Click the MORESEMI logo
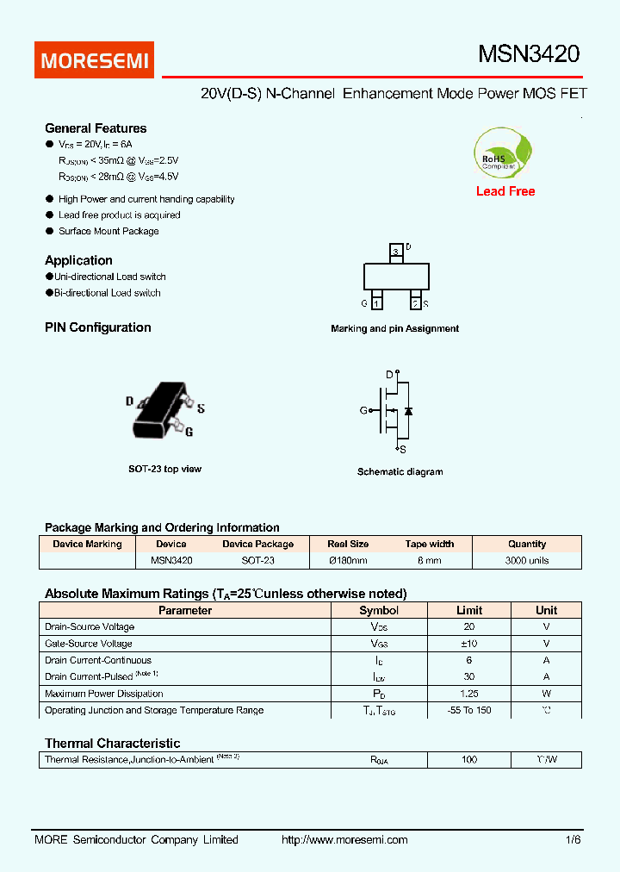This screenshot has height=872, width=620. [95, 60]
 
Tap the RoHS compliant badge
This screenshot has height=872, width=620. [504, 154]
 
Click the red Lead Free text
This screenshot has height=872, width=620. [505, 191]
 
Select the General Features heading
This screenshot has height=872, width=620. [96, 128]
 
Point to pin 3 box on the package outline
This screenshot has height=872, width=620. [395, 252]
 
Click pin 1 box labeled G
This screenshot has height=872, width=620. [376, 303]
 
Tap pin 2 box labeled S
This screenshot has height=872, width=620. [415, 303]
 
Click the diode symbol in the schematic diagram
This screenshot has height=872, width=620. [408, 411]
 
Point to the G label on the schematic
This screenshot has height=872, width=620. [363, 411]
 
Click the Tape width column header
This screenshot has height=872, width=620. [430, 544]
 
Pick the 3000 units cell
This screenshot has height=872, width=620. [527, 560]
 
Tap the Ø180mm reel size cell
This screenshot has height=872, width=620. [348, 560]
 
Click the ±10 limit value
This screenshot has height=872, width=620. [469, 644]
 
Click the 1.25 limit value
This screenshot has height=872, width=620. [469, 694]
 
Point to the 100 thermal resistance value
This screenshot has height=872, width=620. [469, 760]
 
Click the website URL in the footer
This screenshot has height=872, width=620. [344, 839]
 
